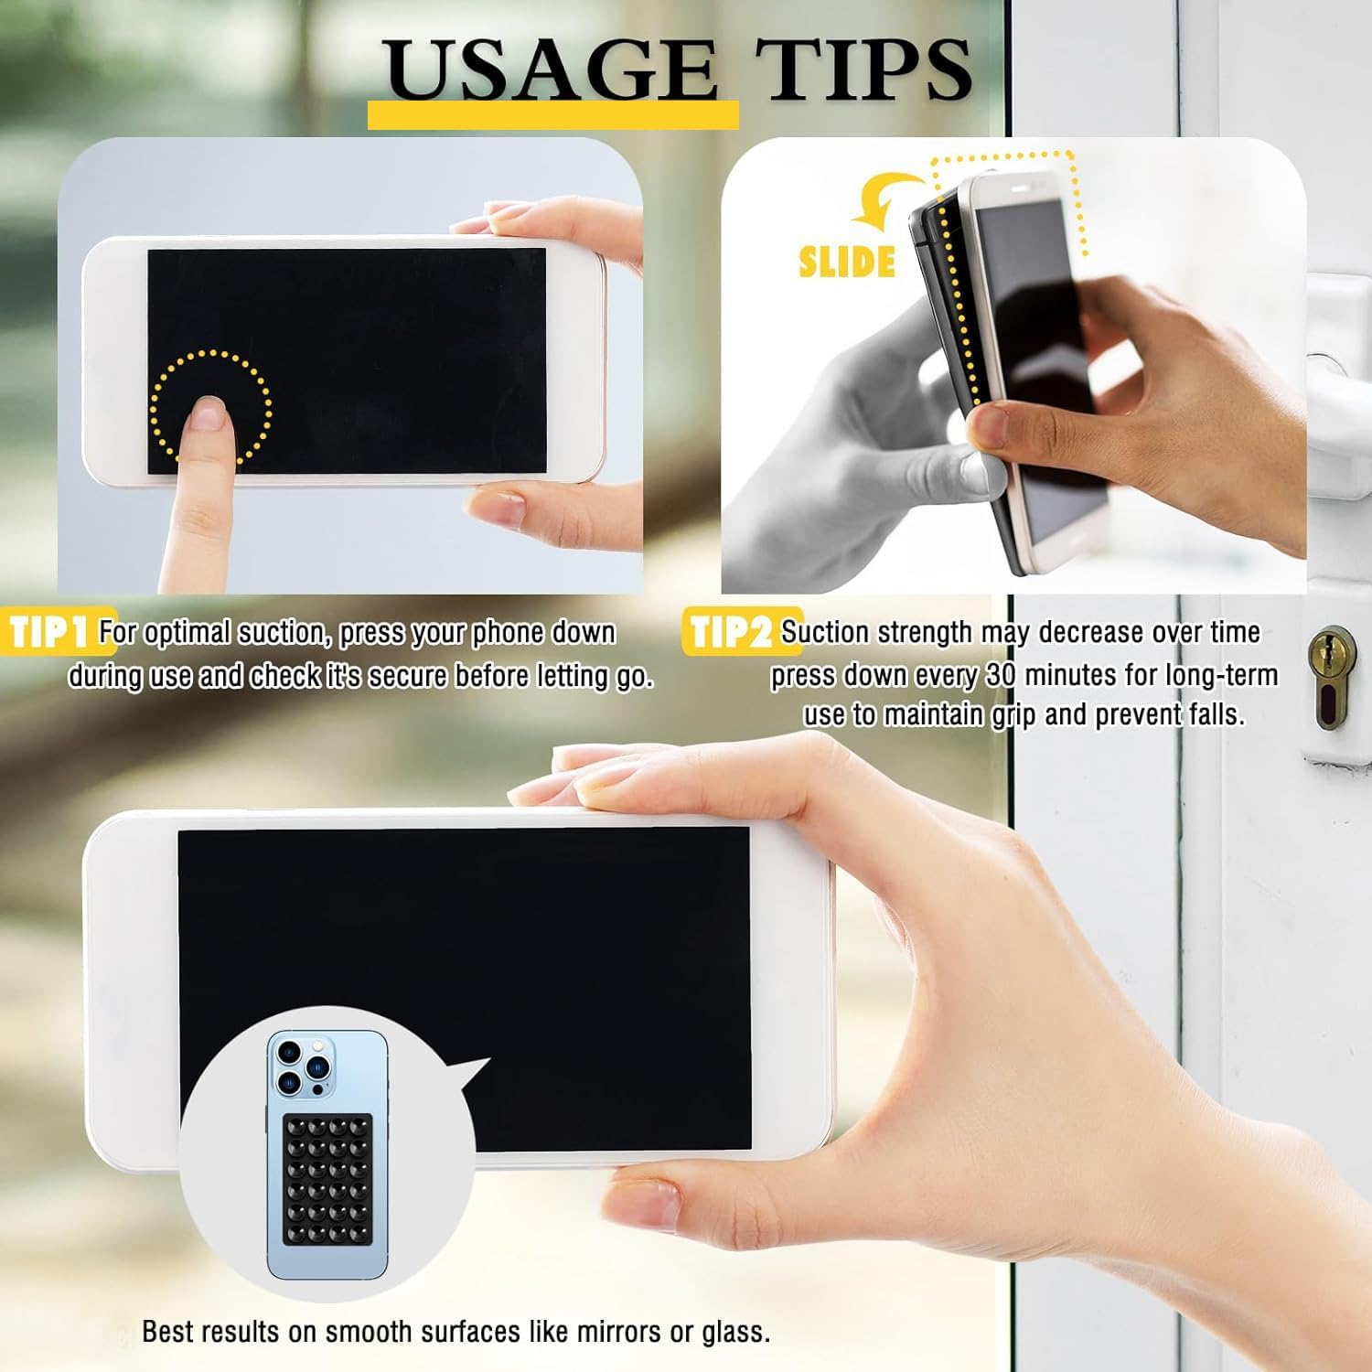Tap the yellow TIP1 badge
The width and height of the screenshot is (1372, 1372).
tap(50, 632)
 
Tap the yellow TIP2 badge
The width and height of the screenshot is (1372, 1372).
tap(732, 632)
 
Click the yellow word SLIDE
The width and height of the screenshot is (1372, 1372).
tap(846, 263)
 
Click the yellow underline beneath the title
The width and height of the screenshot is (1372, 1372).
tap(552, 114)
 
